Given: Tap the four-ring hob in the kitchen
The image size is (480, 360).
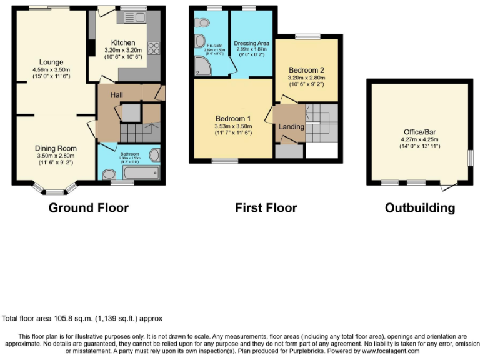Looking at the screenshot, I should coord(154,49).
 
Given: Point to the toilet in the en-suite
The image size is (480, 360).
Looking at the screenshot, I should coord(202,23).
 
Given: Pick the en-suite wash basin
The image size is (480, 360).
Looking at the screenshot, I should coord(200,41).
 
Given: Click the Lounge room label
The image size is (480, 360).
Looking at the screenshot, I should coord(51,61).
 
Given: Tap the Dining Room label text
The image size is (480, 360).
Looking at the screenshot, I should coord(55,148).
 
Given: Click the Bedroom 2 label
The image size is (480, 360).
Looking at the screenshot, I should coord(306,69).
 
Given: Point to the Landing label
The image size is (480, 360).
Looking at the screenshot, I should coord(292,127).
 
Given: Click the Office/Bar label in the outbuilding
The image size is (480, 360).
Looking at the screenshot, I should coord(419,132).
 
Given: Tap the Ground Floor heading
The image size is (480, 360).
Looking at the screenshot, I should coord(89,208).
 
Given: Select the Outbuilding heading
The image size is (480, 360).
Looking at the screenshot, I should coord(419,208).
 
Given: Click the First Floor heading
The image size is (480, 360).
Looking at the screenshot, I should coord(266,208).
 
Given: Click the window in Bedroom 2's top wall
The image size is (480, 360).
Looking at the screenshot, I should coord(307,37).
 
